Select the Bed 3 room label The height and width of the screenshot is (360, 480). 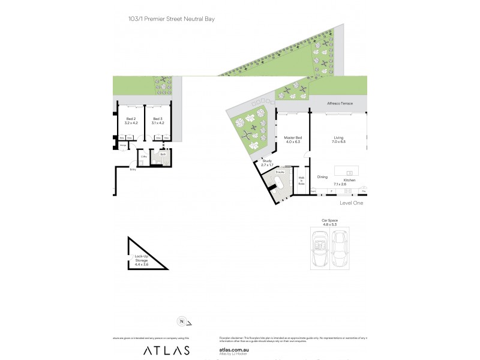(158, 119)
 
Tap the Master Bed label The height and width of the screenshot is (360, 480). (292, 138)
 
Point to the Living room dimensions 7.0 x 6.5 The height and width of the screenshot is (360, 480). (339, 142)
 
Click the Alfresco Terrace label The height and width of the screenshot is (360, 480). (339, 104)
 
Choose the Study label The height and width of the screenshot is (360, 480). (267, 161)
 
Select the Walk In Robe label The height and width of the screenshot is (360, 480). (302, 181)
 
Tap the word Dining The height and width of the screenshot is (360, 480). (322, 176)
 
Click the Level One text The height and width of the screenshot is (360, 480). (351, 203)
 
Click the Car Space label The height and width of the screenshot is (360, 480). (329, 220)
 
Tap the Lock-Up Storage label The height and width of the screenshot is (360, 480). (142, 258)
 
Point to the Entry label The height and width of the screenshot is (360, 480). (133, 170)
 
